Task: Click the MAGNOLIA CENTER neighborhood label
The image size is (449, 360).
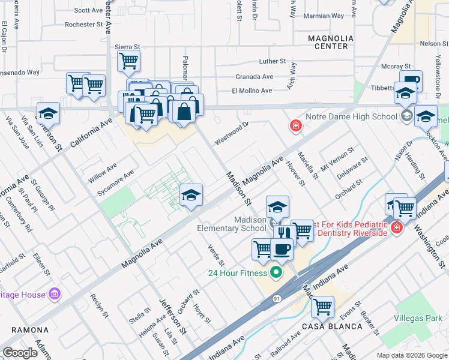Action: (x=327, y=42)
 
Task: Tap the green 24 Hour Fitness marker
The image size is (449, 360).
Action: (x=276, y=273)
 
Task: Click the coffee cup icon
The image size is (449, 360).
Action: (x=281, y=248)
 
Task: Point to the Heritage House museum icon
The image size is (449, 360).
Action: (x=55, y=294)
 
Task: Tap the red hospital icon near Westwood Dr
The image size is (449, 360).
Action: (x=295, y=125)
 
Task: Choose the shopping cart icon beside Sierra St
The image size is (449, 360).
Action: (x=128, y=61)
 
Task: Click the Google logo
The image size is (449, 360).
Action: (x=20, y=353)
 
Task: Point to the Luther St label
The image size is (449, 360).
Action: (x=273, y=61)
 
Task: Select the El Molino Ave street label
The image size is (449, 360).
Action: (x=252, y=91)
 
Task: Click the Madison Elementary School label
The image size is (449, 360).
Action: (x=232, y=223)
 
